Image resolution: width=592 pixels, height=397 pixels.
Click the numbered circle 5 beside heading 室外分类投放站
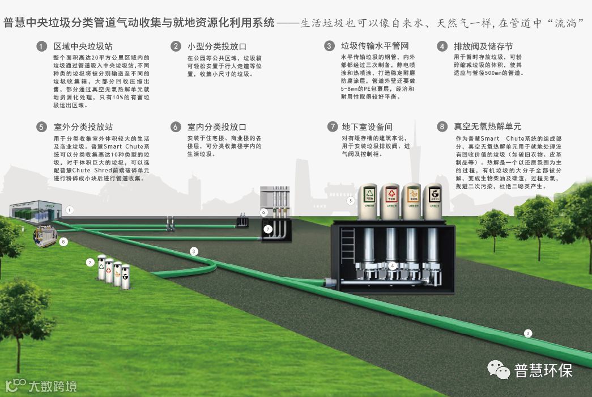(41, 127)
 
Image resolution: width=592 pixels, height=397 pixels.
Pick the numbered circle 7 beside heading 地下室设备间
(332, 127)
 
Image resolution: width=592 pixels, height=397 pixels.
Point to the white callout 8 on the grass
(63, 242)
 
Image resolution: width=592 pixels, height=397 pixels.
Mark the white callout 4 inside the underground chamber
(392, 265)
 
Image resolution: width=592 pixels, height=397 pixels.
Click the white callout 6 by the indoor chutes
(263, 212)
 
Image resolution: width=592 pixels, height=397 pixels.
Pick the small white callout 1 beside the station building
(70, 210)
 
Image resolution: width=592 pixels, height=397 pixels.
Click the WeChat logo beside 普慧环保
(499, 370)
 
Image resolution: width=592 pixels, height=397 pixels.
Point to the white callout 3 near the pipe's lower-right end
(528, 333)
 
